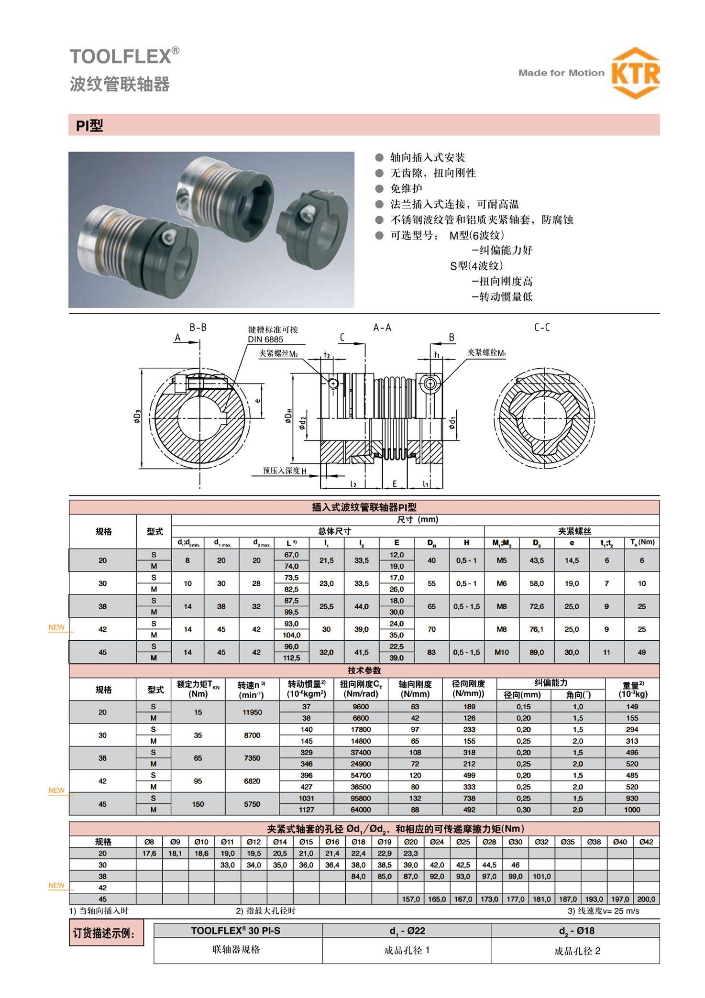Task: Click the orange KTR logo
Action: coord(635,73)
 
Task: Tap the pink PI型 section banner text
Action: coord(89,125)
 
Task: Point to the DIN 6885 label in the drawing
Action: coord(265,340)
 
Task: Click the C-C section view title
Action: coord(541,328)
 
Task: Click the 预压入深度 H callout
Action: coord(284,471)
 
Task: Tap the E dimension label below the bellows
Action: coord(395,484)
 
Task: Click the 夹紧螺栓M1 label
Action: coord(486,352)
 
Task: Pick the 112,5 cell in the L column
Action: coord(291,658)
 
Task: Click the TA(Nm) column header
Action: coord(642,542)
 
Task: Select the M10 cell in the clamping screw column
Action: coord(502,652)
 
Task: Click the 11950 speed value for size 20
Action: coord(252,712)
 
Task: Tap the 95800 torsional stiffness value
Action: coord(361,798)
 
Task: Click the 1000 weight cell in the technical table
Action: coord(632,810)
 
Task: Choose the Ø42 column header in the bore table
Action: coord(646,842)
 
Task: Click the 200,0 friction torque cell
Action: coord(646,899)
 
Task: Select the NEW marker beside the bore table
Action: coord(56,886)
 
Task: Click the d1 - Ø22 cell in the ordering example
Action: coord(407,931)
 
